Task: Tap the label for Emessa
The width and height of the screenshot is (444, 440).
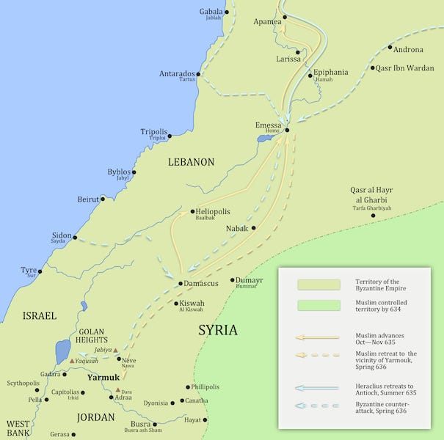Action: pyautogui.click(x=268, y=125)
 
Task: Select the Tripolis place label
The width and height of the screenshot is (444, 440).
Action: pyautogui.click(x=154, y=132)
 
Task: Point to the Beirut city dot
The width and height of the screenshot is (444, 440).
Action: pyautogui.click(x=103, y=199)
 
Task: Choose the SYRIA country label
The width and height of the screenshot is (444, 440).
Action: pyautogui.click(x=218, y=330)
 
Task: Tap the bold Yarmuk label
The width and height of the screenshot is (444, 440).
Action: pyautogui.click(x=103, y=378)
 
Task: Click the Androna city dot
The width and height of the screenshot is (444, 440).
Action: pyautogui.click(x=389, y=50)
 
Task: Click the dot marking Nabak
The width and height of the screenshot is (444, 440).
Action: pyautogui.click(x=254, y=228)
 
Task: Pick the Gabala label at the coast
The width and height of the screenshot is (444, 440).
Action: pyautogui.click(x=211, y=12)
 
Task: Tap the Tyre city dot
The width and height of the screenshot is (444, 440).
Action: pyautogui.click(x=40, y=271)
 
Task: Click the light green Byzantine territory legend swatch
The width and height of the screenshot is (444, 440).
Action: pyautogui.click(x=318, y=285)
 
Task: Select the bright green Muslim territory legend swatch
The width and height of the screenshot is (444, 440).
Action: pyautogui.click(x=318, y=305)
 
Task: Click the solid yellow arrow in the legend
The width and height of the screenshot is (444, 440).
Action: pyautogui.click(x=318, y=337)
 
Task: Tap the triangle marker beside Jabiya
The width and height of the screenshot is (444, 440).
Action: pyautogui.click(x=116, y=350)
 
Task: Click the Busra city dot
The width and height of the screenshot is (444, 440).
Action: pyautogui.click(x=155, y=424)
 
